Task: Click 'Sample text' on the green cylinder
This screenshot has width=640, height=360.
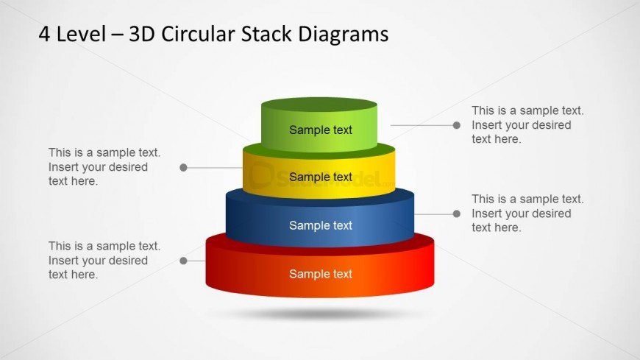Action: tap(320, 130)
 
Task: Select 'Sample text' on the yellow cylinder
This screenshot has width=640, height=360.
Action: tap(320, 177)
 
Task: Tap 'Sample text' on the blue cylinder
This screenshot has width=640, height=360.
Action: tap(320, 226)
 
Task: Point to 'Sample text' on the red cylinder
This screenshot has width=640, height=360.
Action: tap(320, 275)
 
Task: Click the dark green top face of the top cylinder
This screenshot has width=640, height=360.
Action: tap(319, 105)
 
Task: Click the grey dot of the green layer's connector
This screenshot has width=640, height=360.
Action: tap(457, 125)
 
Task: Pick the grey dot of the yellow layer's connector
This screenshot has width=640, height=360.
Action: tap(183, 168)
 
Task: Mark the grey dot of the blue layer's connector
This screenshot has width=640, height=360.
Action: tap(457, 213)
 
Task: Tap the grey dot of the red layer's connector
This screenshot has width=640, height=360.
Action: tap(183, 261)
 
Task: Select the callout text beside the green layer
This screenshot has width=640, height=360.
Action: tap(527, 125)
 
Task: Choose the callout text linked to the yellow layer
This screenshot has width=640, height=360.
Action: tap(104, 167)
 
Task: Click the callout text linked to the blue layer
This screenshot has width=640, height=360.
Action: tap(527, 213)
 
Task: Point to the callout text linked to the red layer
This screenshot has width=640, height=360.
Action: tap(104, 261)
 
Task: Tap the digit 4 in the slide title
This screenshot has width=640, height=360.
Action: tap(45, 34)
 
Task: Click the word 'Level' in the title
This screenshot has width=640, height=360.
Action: tap(79, 34)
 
